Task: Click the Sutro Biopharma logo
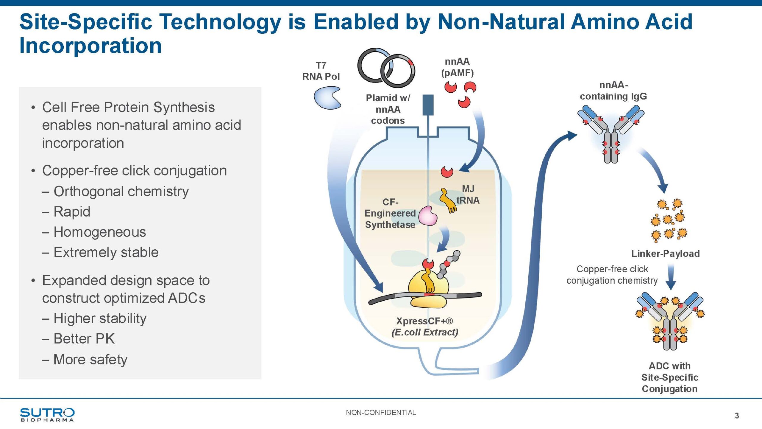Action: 47,414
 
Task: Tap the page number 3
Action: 737,416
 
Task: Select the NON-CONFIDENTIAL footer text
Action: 381,413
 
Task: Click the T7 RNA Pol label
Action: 321,71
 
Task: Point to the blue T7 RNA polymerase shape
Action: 327,98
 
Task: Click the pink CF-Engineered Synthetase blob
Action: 428,216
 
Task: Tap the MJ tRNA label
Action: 468,195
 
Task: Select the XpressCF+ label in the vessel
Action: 424,321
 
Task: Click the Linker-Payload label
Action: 665,254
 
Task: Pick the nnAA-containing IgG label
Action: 613,91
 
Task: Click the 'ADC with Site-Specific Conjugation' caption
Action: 669,377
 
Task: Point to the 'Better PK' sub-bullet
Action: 84,339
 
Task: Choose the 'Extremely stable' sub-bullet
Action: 106,252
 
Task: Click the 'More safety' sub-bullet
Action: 90,359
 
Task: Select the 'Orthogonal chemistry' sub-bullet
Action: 121,191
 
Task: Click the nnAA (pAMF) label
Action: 457,67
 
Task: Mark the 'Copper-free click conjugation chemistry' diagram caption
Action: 612,275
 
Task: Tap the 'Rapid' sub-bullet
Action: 72,212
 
